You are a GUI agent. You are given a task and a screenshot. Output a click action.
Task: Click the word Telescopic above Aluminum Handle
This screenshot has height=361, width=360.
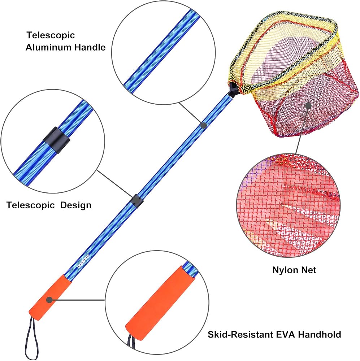coord(51,35)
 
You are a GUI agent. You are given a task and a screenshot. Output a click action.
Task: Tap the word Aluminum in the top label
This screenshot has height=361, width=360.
coord(48,47)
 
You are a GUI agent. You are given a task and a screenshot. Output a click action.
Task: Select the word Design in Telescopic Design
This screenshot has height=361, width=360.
coord(76,205)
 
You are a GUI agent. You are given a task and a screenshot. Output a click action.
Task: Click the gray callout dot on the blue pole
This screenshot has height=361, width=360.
coord(203,125)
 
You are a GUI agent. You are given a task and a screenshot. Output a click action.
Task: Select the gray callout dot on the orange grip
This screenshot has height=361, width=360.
coord(49,300)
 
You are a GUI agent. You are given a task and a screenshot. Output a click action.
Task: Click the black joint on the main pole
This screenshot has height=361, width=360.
coord(136,201)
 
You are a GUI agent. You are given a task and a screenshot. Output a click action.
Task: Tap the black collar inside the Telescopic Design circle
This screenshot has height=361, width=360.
coord(56,140)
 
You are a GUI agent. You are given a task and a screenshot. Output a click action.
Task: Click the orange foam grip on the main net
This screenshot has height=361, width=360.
coord(50,297)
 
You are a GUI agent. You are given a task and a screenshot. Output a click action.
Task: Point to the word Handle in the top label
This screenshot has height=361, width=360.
coord(90,47)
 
